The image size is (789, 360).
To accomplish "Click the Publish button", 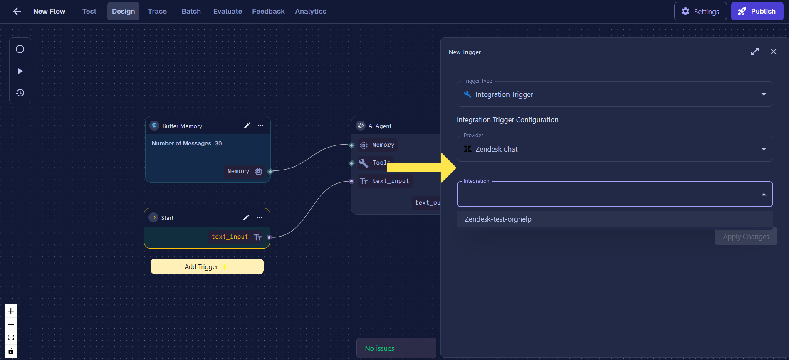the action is pos(757,11).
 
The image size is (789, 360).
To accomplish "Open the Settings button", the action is pos(700,11).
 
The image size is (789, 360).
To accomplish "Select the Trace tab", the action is pos(157,11).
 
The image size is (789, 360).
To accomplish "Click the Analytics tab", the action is pos(311,11).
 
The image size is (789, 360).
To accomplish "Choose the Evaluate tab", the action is pos(228,11).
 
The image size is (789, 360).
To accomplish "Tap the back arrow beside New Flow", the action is pos(17,11).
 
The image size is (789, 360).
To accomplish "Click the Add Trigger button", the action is pos(207,266).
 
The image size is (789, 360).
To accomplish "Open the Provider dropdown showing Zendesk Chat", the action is pos(615,149).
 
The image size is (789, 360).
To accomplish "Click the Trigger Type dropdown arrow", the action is pos(764,94).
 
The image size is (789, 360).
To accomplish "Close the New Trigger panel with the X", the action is pos(774,52).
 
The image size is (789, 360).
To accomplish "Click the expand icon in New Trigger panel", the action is pos(755,52).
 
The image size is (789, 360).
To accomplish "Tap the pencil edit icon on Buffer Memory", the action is pos(247,126).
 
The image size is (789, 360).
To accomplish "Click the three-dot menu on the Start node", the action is pos(260,217).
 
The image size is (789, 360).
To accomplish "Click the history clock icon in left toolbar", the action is pos(20,93).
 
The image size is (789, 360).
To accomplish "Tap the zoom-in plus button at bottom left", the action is pos(11,311).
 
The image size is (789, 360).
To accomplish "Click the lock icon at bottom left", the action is pos(11,351).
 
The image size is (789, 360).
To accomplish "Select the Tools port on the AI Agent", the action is pos(351,163).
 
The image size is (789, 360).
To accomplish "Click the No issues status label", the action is pos(380,348).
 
